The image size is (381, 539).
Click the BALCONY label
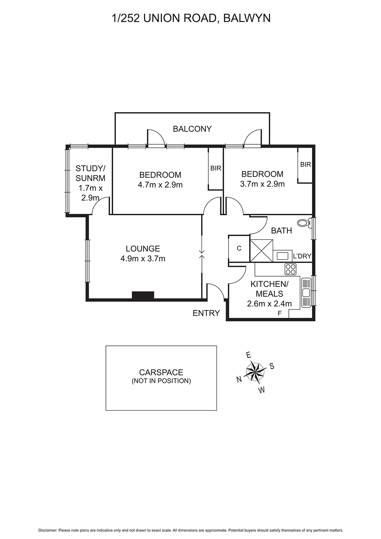click(192, 129)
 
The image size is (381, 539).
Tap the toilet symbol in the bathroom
click(304, 223)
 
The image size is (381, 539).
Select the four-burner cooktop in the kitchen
click(290, 269)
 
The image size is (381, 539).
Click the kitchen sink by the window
click(306, 293)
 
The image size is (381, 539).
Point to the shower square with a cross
click(261, 251)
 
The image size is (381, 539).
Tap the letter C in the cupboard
click(239, 248)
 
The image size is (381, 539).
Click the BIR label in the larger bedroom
click(216, 168)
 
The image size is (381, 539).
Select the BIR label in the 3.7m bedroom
click(306, 165)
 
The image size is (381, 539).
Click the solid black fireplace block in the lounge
click(143, 296)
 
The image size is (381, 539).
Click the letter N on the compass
click(239, 379)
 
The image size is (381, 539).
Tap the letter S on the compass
click(272, 366)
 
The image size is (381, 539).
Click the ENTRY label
click(206, 313)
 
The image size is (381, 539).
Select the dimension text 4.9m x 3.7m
click(143, 259)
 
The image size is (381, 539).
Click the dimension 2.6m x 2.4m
click(269, 304)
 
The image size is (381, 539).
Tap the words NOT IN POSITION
click(161, 381)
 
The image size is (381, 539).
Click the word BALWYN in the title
click(247, 18)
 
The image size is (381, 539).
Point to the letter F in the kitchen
click(279, 313)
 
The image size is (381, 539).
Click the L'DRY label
click(302, 256)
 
